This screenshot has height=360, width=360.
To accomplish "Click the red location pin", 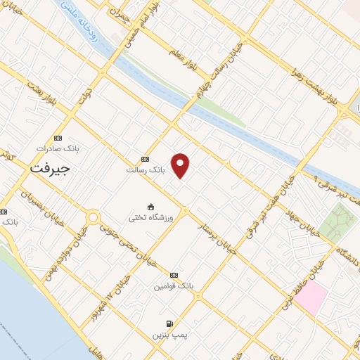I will coord(181,165).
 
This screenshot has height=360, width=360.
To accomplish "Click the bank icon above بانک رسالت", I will coord(146,160).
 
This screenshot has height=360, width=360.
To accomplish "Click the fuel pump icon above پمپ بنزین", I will coord(169,324).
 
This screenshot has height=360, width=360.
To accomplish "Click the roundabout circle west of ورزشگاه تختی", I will coord(93,217).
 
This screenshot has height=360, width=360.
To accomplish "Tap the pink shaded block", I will coord(310,295).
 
